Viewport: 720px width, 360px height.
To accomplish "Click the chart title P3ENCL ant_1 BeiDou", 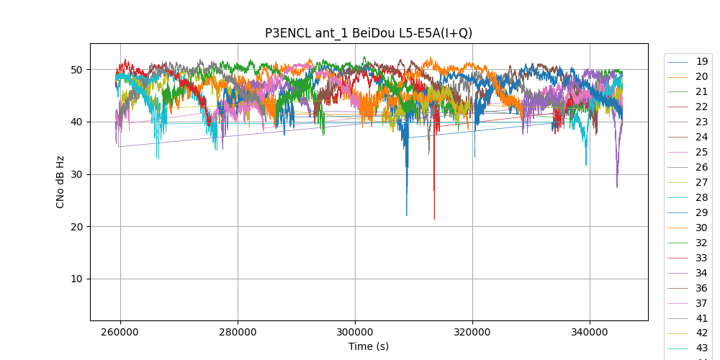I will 369,33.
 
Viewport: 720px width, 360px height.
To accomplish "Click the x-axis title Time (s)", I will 369,346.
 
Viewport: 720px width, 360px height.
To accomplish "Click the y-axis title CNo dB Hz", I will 60,182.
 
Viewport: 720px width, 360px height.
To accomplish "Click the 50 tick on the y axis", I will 76,70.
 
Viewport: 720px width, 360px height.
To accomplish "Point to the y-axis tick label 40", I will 76,122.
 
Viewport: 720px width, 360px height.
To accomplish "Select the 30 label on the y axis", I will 76,174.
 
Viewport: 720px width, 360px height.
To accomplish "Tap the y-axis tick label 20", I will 76,227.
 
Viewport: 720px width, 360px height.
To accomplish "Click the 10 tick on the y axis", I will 76,279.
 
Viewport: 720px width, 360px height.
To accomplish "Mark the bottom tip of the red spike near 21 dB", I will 434,219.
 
